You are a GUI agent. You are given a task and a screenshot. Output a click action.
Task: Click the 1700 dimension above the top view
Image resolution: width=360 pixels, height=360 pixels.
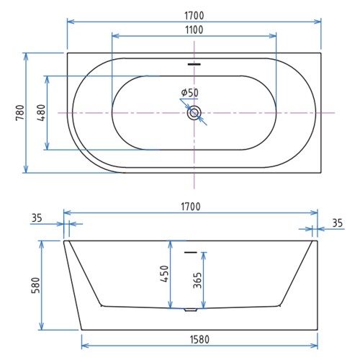194,15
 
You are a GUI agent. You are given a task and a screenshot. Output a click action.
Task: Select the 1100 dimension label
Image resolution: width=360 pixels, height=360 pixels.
194,30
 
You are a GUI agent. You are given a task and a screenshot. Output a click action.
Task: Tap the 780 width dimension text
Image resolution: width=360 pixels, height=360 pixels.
20,112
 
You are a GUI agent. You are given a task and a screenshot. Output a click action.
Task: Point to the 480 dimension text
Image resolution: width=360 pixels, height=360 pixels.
41,112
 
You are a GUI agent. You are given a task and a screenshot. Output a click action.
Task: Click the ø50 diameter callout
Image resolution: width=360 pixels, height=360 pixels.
190,92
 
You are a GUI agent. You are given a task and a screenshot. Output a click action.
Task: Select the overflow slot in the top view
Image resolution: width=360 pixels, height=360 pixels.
194,64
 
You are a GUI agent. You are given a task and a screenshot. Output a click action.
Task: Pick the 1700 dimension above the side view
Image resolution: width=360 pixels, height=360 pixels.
191,207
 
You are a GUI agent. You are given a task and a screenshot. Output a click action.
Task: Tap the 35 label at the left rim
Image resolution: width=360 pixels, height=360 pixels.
37,218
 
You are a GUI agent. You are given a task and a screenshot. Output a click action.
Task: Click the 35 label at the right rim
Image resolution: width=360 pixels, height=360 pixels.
337,223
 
